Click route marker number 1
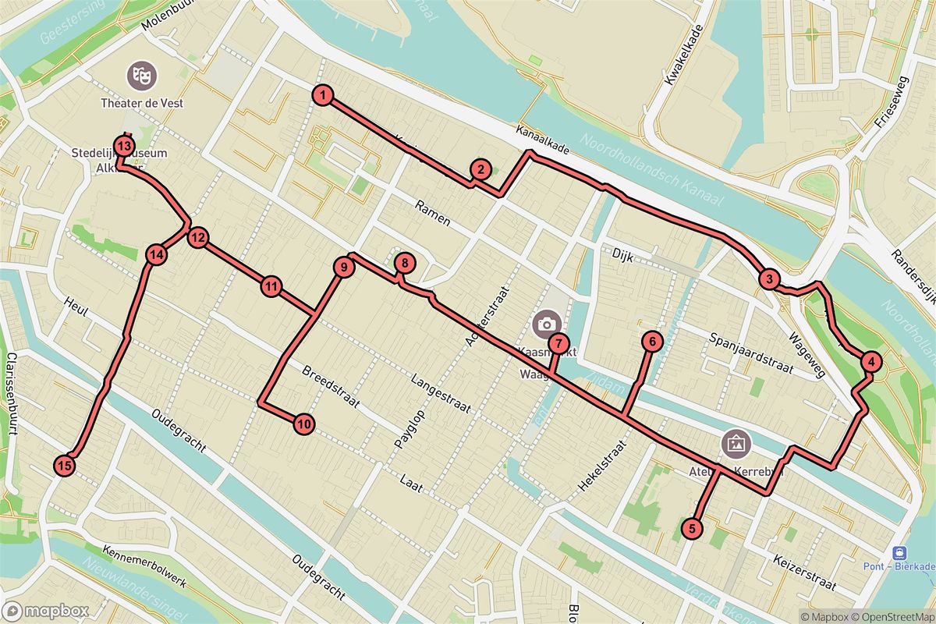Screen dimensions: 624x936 [321, 96]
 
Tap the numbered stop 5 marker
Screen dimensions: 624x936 [691, 528]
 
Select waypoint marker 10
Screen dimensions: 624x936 [304, 424]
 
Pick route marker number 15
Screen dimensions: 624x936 [66, 466]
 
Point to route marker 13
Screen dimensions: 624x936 [124, 145]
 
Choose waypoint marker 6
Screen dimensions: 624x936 [652, 341]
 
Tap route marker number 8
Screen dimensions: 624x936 [404, 264]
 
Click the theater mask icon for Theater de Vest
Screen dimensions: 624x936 [141, 76]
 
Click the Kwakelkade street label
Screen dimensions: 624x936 [684, 55]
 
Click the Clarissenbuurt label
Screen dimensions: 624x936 [12, 393]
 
